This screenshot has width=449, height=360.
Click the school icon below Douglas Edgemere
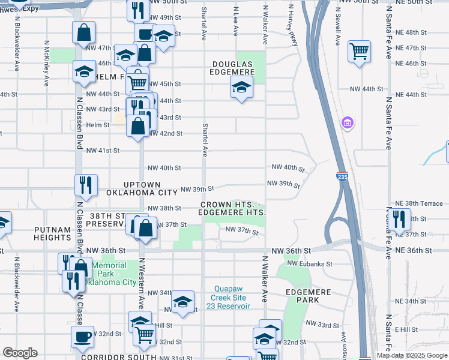pyautogui.click(x=241, y=88)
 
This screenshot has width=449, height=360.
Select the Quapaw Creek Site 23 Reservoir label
pyautogui.click(x=231, y=297)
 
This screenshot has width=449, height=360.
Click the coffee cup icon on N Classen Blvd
pyautogui.click(x=82, y=337)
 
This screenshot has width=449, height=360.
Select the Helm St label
pyautogui.click(x=98, y=125)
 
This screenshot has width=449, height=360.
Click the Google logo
pyautogui.click(x=20, y=353)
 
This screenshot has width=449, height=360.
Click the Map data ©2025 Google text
pyautogui.click(x=411, y=355)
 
